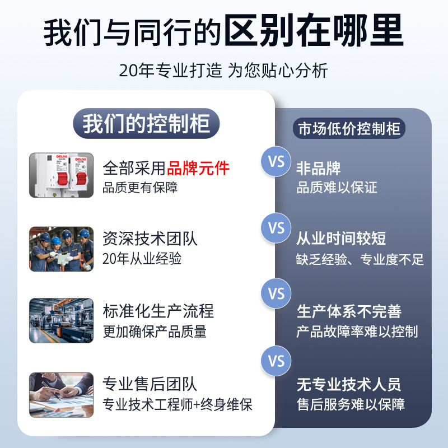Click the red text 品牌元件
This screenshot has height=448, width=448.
pyautogui.click(x=198, y=168)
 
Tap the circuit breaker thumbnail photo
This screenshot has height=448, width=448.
pyautogui.click(x=62, y=175)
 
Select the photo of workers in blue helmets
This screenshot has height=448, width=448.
pyautogui.click(x=62, y=249)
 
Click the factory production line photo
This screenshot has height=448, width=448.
pyautogui.click(x=62, y=320)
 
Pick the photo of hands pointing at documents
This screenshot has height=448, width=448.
pyautogui.click(x=62, y=395)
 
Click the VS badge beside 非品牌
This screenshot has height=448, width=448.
pyautogui.click(x=276, y=161)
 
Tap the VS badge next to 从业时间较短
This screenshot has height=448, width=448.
pyautogui.click(x=276, y=228)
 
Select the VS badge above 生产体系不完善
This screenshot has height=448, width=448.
pyautogui.click(x=276, y=293)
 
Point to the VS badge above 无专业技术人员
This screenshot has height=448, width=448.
pyautogui.click(x=276, y=361)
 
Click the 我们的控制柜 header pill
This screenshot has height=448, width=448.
pyautogui.click(x=146, y=123)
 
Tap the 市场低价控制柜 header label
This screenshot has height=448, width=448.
pyautogui.click(x=349, y=128)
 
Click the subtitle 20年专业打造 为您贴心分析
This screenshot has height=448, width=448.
pyautogui.click(x=223, y=71)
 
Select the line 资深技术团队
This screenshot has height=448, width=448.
pyautogui.click(x=150, y=239)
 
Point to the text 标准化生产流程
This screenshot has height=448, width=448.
pyautogui.click(x=158, y=311)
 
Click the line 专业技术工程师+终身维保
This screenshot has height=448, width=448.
pyautogui.click(x=178, y=404)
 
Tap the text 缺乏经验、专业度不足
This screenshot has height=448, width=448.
pyautogui.click(x=360, y=259)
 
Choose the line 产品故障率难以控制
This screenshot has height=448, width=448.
pyautogui.click(x=357, y=332)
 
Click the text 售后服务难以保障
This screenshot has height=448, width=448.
pyautogui.click(x=351, y=404)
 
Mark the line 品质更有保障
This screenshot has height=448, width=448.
pyautogui.click(x=140, y=188)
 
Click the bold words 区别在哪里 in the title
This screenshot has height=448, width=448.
pyautogui.click(x=314, y=31)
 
